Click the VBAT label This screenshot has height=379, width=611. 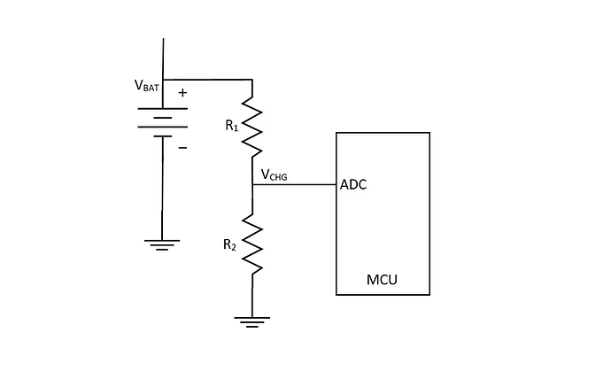(x=147, y=86)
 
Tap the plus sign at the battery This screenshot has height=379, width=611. (x=182, y=92)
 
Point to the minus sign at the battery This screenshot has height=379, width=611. (x=182, y=147)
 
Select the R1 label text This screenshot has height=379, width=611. (x=232, y=127)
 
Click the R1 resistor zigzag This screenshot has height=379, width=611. (x=252, y=126)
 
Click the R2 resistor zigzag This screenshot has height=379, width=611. (x=252, y=244)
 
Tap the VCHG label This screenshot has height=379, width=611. (x=274, y=175)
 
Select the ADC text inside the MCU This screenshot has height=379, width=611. (x=354, y=185)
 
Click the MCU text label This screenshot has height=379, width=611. (x=382, y=281)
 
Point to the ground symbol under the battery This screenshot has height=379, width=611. (x=162, y=244)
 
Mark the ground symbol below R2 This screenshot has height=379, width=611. (x=252, y=321)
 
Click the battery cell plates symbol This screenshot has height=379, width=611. (x=162, y=120)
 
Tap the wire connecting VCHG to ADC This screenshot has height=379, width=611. (x=294, y=185)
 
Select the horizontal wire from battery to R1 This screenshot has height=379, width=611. (x=208, y=79)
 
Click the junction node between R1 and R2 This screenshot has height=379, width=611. (x=252, y=185)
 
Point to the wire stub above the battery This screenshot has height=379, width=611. (x=163, y=58)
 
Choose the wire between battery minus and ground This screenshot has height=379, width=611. (x=162, y=190)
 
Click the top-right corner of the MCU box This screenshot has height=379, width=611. (x=429, y=133)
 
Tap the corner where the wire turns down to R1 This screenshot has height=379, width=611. (x=252, y=79)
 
